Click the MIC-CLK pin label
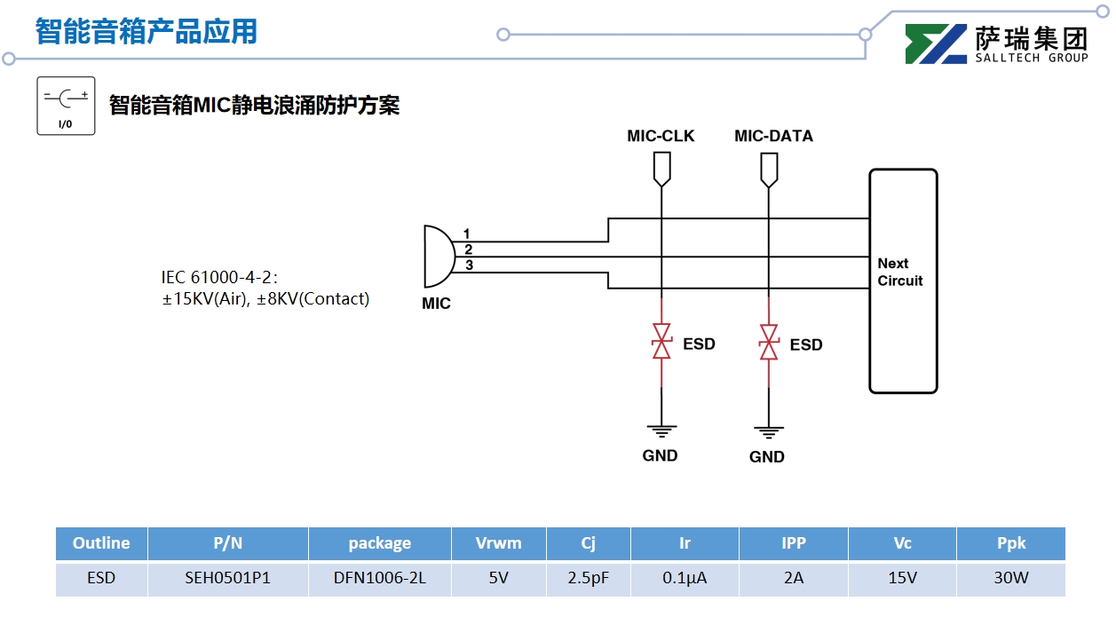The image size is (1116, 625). click(x=661, y=136)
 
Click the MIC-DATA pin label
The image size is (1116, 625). click(x=773, y=136)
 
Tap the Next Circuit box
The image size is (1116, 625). click(x=902, y=281)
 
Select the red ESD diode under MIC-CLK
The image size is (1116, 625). click(x=661, y=343)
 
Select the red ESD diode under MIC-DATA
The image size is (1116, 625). click(x=769, y=343)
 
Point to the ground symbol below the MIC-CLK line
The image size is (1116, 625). click(x=661, y=431)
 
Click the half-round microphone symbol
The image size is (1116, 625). click(x=439, y=256)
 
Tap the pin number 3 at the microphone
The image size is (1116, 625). click(x=469, y=265)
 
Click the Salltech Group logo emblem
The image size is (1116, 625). click(x=936, y=44)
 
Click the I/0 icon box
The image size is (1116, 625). click(x=66, y=106)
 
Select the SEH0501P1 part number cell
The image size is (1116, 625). click(x=227, y=578)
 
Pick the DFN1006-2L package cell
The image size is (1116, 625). click(x=379, y=578)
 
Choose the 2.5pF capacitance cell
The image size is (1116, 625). click(x=589, y=578)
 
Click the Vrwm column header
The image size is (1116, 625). click(x=498, y=543)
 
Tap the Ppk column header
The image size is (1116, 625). click(x=1010, y=543)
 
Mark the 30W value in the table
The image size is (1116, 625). click(x=1010, y=578)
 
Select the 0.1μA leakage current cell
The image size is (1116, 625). click(x=685, y=578)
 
